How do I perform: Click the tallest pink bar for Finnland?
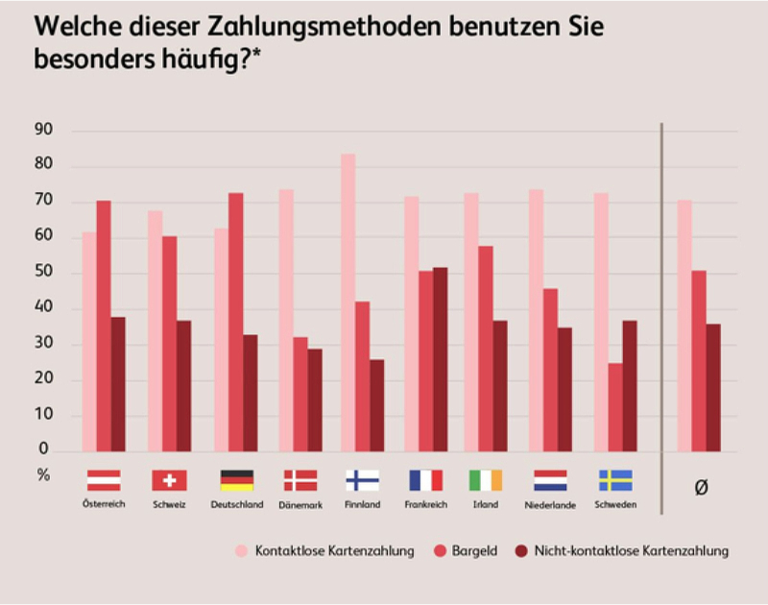(x=348, y=302)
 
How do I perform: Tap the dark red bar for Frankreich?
(x=440, y=359)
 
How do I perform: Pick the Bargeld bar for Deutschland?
(x=235, y=322)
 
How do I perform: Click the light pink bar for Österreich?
(x=89, y=341)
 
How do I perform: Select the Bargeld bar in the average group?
(x=699, y=361)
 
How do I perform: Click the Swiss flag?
(x=169, y=480)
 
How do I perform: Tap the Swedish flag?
(x=615, y=480)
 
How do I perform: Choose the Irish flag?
(x=486, y=480)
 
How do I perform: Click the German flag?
(x=236, y=480)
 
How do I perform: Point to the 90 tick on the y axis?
(x=43, y=131)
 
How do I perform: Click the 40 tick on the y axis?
(x=43, y=308)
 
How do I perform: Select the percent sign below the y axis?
(x=43, y=473)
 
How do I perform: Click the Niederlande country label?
(x=550, y=505)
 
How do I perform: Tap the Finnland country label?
(x=362, y=505)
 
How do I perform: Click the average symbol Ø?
(x=701, y=488)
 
